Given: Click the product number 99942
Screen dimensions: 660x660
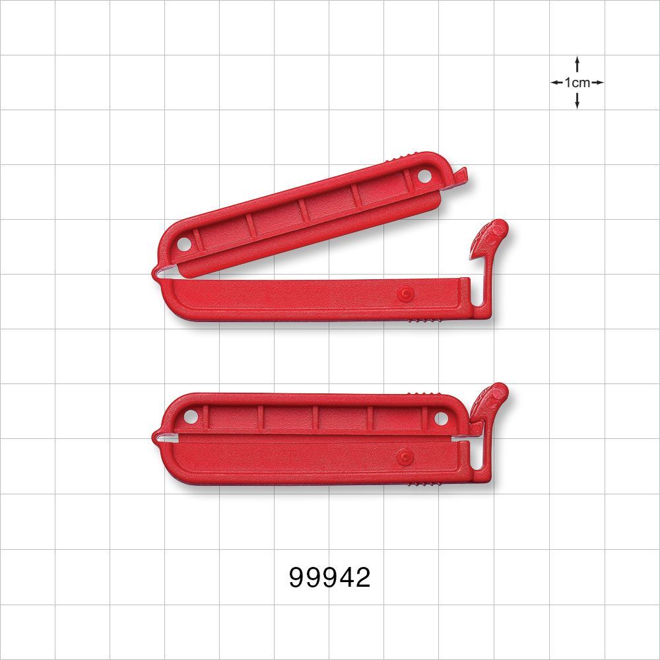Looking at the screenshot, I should [x=330, y=577].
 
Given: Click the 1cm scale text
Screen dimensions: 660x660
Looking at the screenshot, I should [x=577, y=82].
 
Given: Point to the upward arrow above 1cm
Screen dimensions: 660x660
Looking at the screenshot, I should [x=577, y=63].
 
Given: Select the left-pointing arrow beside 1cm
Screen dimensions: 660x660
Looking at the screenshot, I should [x=556, y=82].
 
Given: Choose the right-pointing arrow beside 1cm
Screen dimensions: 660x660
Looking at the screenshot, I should [x=597, y=82].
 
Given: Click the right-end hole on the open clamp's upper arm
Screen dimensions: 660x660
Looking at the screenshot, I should [x=424, y=176].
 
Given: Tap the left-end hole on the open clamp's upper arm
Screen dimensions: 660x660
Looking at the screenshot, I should [x=185, y=243].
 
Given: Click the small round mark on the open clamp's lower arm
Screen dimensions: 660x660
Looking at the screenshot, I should [x=405, y=292].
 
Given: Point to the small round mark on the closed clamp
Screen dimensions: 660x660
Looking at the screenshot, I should [x=405, y=456].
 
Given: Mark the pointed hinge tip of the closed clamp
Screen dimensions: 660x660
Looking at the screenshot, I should [x=156, y=436].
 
